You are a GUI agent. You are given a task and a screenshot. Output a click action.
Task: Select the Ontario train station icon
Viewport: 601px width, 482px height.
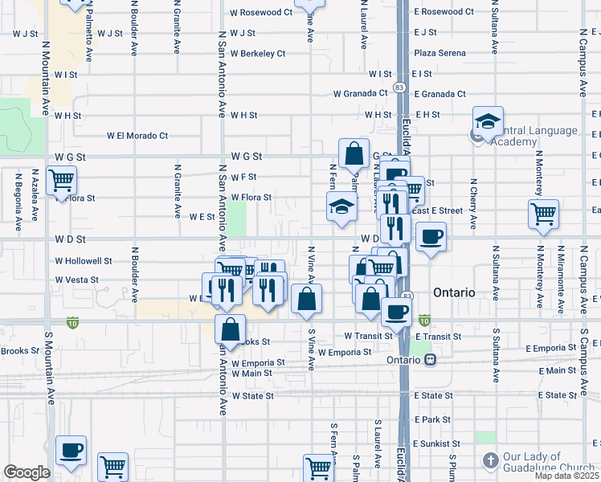[x=431, y=360]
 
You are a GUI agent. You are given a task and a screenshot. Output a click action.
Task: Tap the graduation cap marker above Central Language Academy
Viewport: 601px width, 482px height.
[x=488, y=121]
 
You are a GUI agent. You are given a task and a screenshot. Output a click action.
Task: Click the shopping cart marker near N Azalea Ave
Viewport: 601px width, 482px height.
[x=61, y=180]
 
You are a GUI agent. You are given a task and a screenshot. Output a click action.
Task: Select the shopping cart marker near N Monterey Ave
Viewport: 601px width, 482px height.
[x=544, y=214]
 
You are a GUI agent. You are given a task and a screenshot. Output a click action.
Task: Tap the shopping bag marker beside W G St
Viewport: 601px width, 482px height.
[x=354, y=152]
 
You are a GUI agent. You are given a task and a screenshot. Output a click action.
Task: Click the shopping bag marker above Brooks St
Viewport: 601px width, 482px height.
[x=230, y=329]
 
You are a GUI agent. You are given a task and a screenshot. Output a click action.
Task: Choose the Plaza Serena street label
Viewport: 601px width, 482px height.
[x=440, y=53]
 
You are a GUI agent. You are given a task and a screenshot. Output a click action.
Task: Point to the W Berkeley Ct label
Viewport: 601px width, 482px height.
[x=257, y=54]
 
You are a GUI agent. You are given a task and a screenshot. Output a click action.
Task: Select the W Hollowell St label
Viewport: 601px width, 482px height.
[x=84, y=261]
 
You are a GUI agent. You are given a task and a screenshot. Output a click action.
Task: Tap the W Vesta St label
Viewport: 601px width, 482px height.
[x=77, y=280]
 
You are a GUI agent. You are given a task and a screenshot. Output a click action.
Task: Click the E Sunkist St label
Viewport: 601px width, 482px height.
[x=437, y=443]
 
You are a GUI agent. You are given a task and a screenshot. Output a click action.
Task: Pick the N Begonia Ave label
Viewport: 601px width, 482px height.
[x=17, y=195]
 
